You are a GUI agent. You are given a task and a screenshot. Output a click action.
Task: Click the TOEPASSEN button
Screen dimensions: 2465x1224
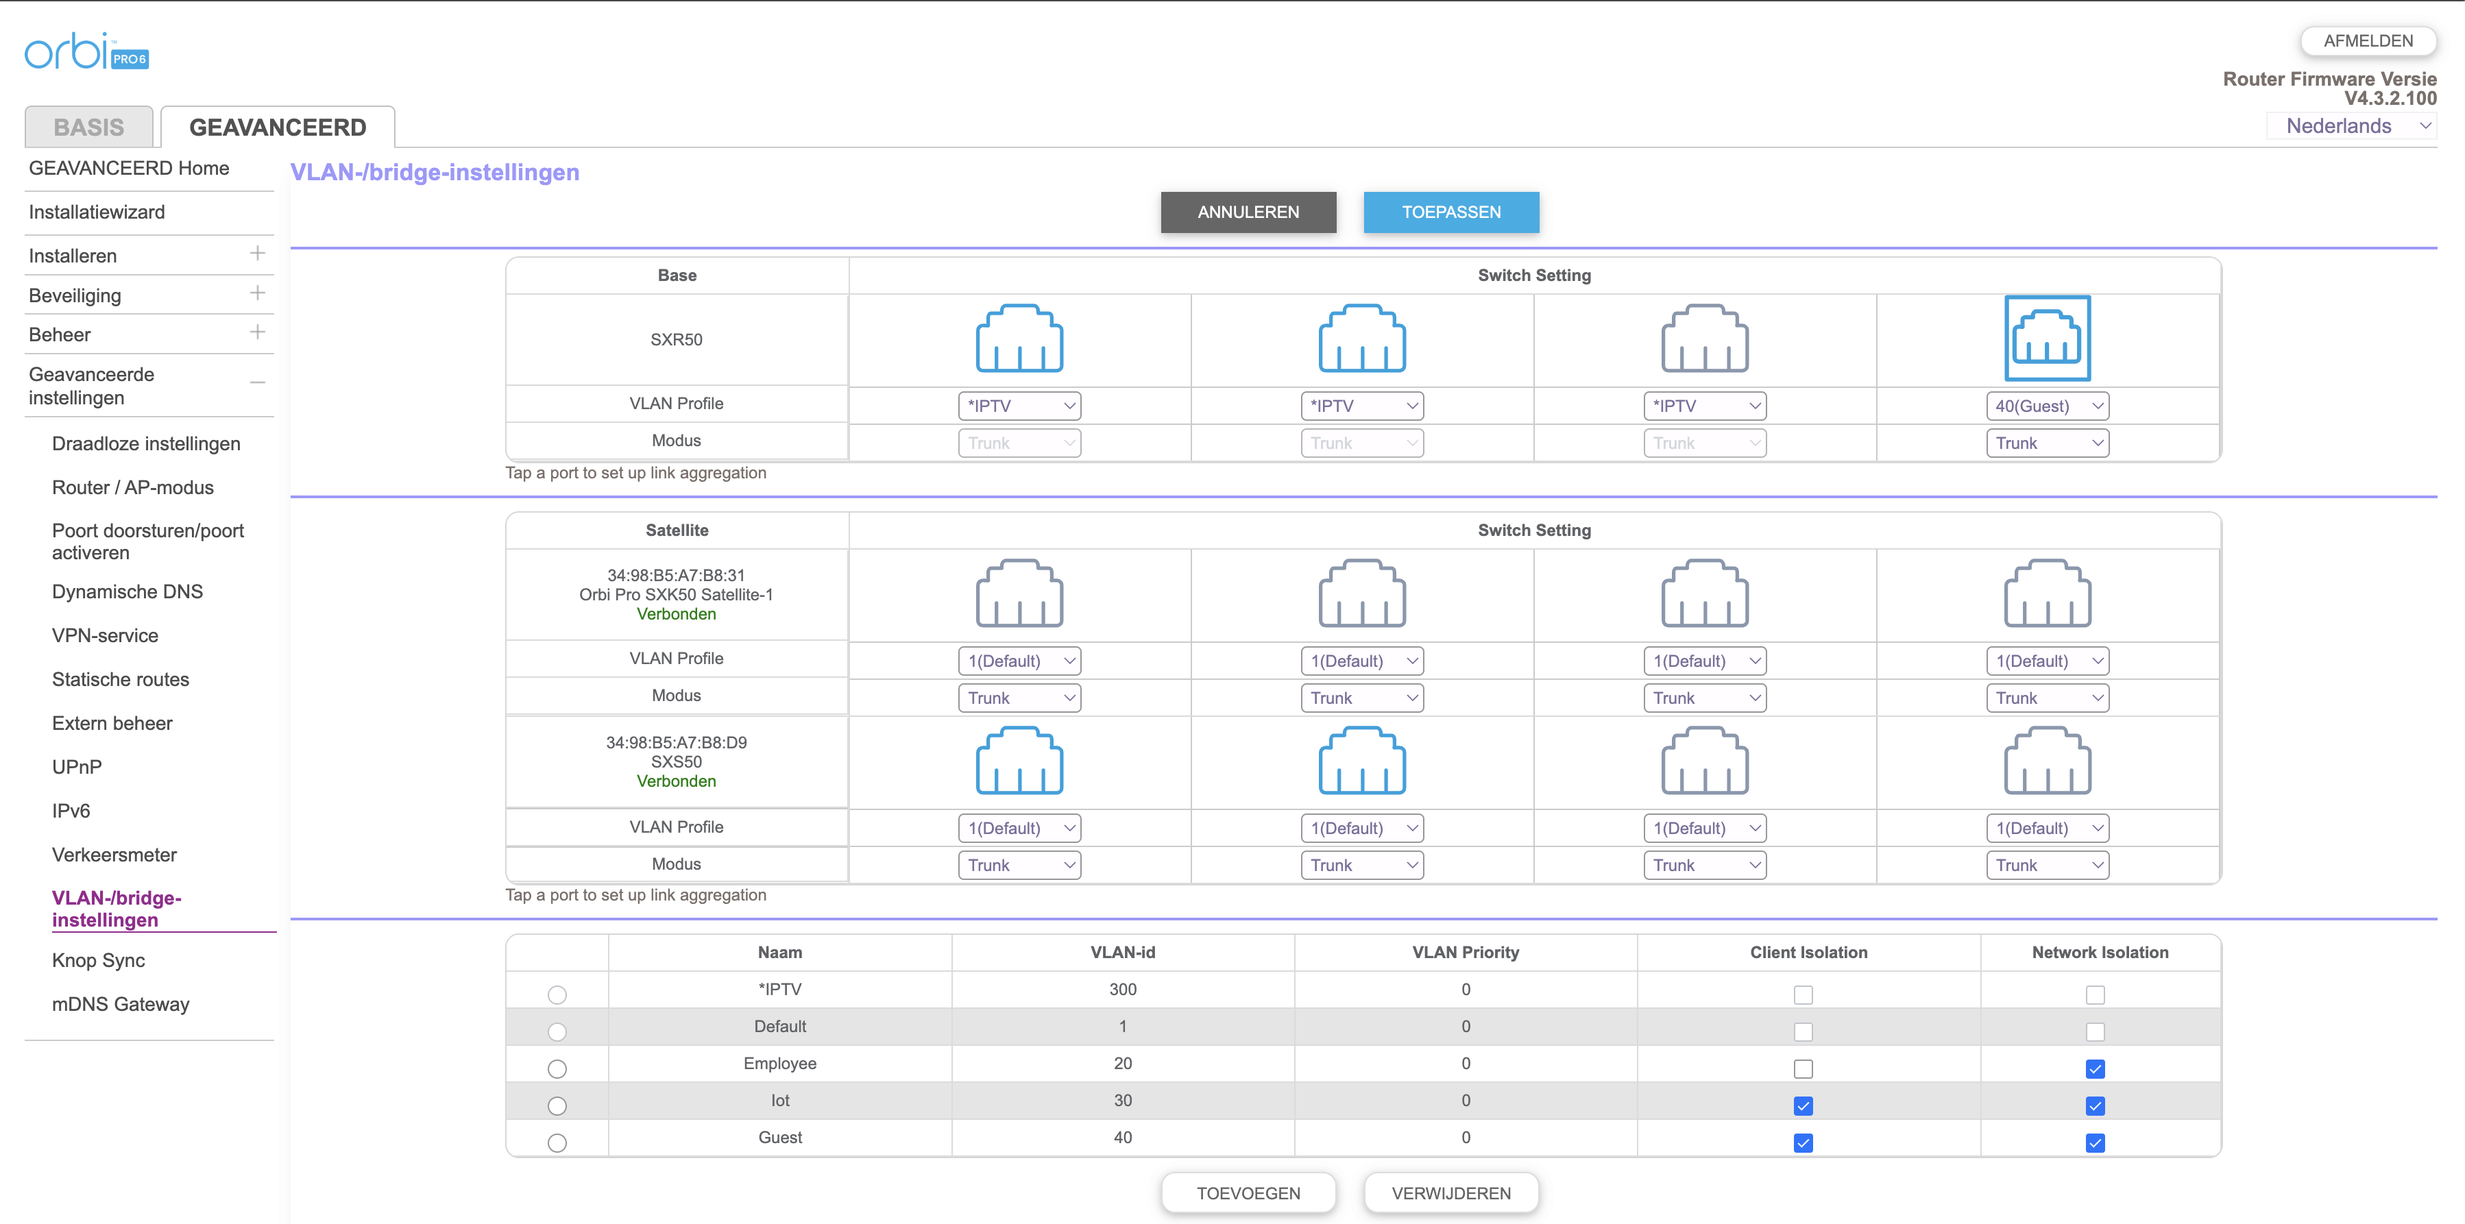point(1450,212)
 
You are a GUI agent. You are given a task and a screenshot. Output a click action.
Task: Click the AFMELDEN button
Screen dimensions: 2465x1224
point(2368,41)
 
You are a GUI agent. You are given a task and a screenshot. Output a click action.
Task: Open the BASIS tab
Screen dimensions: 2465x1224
point(89,127)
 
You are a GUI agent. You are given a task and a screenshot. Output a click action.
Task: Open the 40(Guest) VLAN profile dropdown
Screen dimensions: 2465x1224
point(2047,406)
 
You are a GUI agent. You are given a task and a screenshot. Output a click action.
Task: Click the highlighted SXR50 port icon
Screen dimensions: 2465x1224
point(2047,338)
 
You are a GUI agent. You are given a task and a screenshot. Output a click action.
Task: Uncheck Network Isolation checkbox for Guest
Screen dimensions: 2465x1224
point(2095,1142)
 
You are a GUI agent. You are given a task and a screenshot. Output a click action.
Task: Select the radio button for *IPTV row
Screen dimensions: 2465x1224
point(557,995)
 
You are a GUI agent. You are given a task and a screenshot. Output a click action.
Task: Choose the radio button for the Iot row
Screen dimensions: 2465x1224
point(557,1106)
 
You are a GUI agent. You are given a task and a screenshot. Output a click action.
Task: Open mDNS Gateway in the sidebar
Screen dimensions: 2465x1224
point(121,1004)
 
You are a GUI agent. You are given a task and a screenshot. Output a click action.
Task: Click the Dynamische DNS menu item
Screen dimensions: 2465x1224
point(127,591)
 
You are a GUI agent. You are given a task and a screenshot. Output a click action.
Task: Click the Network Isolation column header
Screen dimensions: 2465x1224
point(2100,952)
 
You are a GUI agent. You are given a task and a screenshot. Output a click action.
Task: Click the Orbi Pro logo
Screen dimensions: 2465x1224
point(86,51)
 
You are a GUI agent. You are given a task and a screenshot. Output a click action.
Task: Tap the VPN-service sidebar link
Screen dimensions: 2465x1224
point(106,635)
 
